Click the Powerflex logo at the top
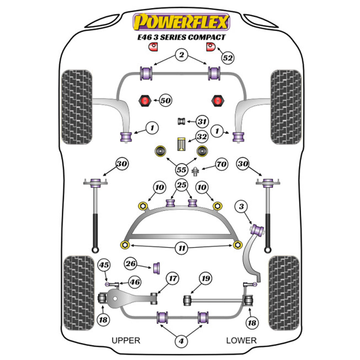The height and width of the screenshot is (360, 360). tap(181, 22)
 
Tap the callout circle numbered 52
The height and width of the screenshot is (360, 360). tap(228, 58)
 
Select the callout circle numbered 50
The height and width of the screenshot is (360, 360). tap(165, 100)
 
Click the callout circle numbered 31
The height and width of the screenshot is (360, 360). tap(202, 122)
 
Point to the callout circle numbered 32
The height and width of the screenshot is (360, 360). tap(202, 137)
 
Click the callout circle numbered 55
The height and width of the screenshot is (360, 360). tap(181, 170)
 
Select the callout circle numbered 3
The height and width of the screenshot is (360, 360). tap(241, 207)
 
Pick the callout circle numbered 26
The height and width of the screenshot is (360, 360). tap(131, 264)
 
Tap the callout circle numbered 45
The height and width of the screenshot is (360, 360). tap(104, 265)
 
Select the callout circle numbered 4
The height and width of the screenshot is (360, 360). tap(181, 341)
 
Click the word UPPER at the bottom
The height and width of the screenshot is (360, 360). tap(126, 340)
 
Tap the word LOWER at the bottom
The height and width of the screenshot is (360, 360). tap(241, 340)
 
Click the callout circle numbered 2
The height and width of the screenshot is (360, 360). tap(181, 55)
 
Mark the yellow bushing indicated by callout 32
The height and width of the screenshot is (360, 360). tap(182, 144)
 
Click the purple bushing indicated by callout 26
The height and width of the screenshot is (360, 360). tap(157, 267)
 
